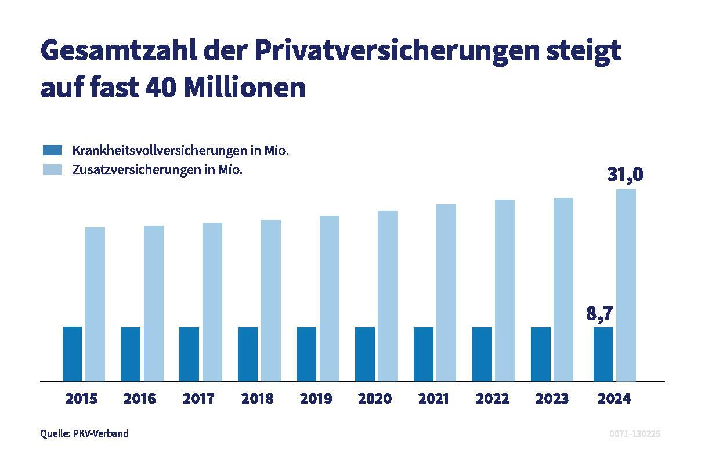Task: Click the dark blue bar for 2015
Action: point(73,354)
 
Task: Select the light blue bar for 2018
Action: point(271,301)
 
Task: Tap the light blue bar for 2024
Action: point(626,285)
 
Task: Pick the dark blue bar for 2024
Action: point(603,354)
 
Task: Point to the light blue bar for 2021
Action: point(446,293)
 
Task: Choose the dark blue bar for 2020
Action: point(365,354)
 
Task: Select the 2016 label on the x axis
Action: point(140,399)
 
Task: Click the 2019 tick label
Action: point(316,399)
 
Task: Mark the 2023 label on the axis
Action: point(552,399)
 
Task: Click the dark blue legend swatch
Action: point(52,151)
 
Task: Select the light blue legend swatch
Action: point(52,170)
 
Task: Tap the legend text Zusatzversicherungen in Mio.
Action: point(157,170)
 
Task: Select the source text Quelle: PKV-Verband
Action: point(85,433)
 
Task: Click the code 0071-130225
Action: point(635,433)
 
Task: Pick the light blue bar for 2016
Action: point(154,303)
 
